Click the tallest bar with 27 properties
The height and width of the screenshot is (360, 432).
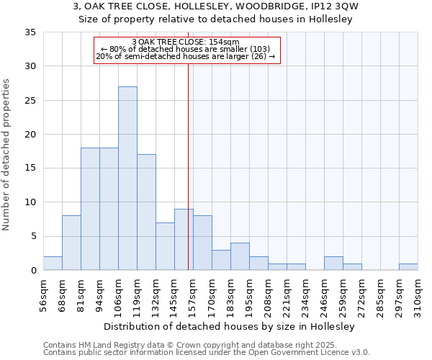coord(127,179)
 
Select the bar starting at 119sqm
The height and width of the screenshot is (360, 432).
coord(146,212)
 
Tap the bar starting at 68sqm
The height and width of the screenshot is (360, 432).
coord(71,243)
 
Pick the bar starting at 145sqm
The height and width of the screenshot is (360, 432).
coord(184,240)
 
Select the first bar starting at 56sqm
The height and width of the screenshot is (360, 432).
coord(53,263)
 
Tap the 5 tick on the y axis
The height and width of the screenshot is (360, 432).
coord(32,236)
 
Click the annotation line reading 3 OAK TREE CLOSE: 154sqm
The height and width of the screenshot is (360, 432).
coord(186,42)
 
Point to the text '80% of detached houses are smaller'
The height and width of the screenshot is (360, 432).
coord(186,49)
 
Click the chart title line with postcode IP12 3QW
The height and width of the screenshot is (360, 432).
coord(216,6)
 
